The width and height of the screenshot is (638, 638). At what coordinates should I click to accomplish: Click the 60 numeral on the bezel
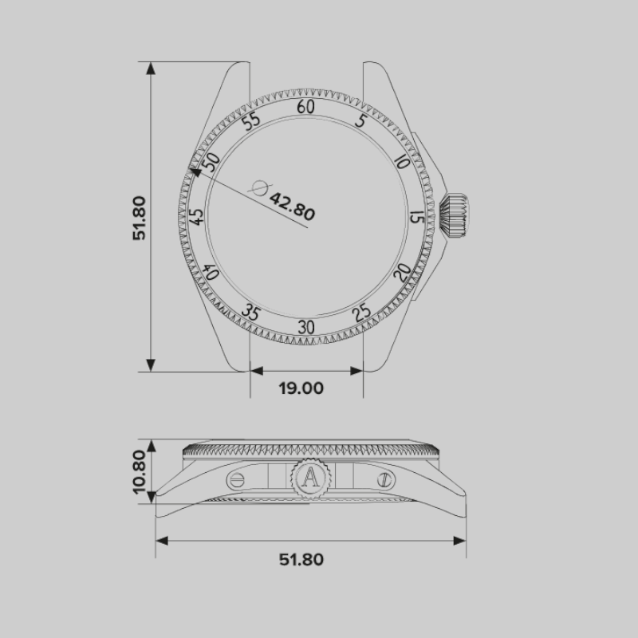click(305, 107)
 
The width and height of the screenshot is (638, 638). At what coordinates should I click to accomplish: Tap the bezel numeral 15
click(417, 217)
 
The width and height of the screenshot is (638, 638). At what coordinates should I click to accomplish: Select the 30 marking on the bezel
click(306, 327)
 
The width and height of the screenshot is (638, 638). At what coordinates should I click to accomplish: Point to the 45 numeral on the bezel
click(196, 217)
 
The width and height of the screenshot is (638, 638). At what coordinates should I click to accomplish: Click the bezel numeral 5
click(361, 120)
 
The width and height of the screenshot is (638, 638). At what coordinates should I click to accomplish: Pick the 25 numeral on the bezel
click(361, 313)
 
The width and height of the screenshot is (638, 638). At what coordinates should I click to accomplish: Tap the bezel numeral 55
click(250, 120)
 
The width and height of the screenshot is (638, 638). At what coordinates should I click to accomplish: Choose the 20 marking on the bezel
click(403, 272)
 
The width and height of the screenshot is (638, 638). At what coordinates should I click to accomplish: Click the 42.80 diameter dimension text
click(292, 207)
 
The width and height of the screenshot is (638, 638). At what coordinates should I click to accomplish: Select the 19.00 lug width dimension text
click(301, 388)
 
